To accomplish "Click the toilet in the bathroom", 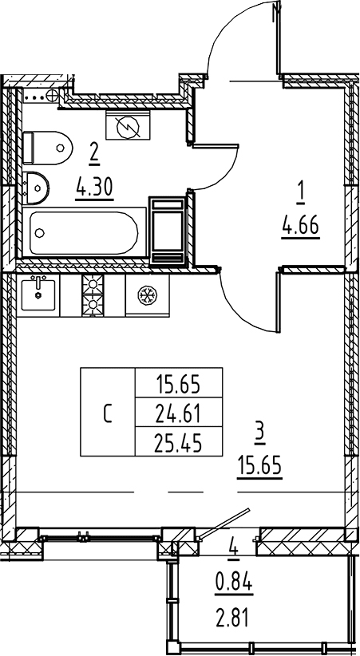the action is pos(47,148).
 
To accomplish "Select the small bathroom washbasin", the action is pos(36,188).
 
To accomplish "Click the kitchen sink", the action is pos(38,295).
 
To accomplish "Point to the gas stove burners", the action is pos(93,295).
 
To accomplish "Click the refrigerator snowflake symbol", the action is pos(147,295).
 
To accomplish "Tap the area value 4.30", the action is pos(95,188).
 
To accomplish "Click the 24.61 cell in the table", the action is pos(179,412).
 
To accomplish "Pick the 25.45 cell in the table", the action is pos(179,441).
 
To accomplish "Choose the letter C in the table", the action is pos(108,412).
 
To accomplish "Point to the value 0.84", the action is pos(234,582).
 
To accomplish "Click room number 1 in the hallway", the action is pos(300,195).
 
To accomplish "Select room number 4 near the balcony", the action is pos(234,546).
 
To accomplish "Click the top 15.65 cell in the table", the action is pos(179,383).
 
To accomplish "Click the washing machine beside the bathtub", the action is pos(168,231).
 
